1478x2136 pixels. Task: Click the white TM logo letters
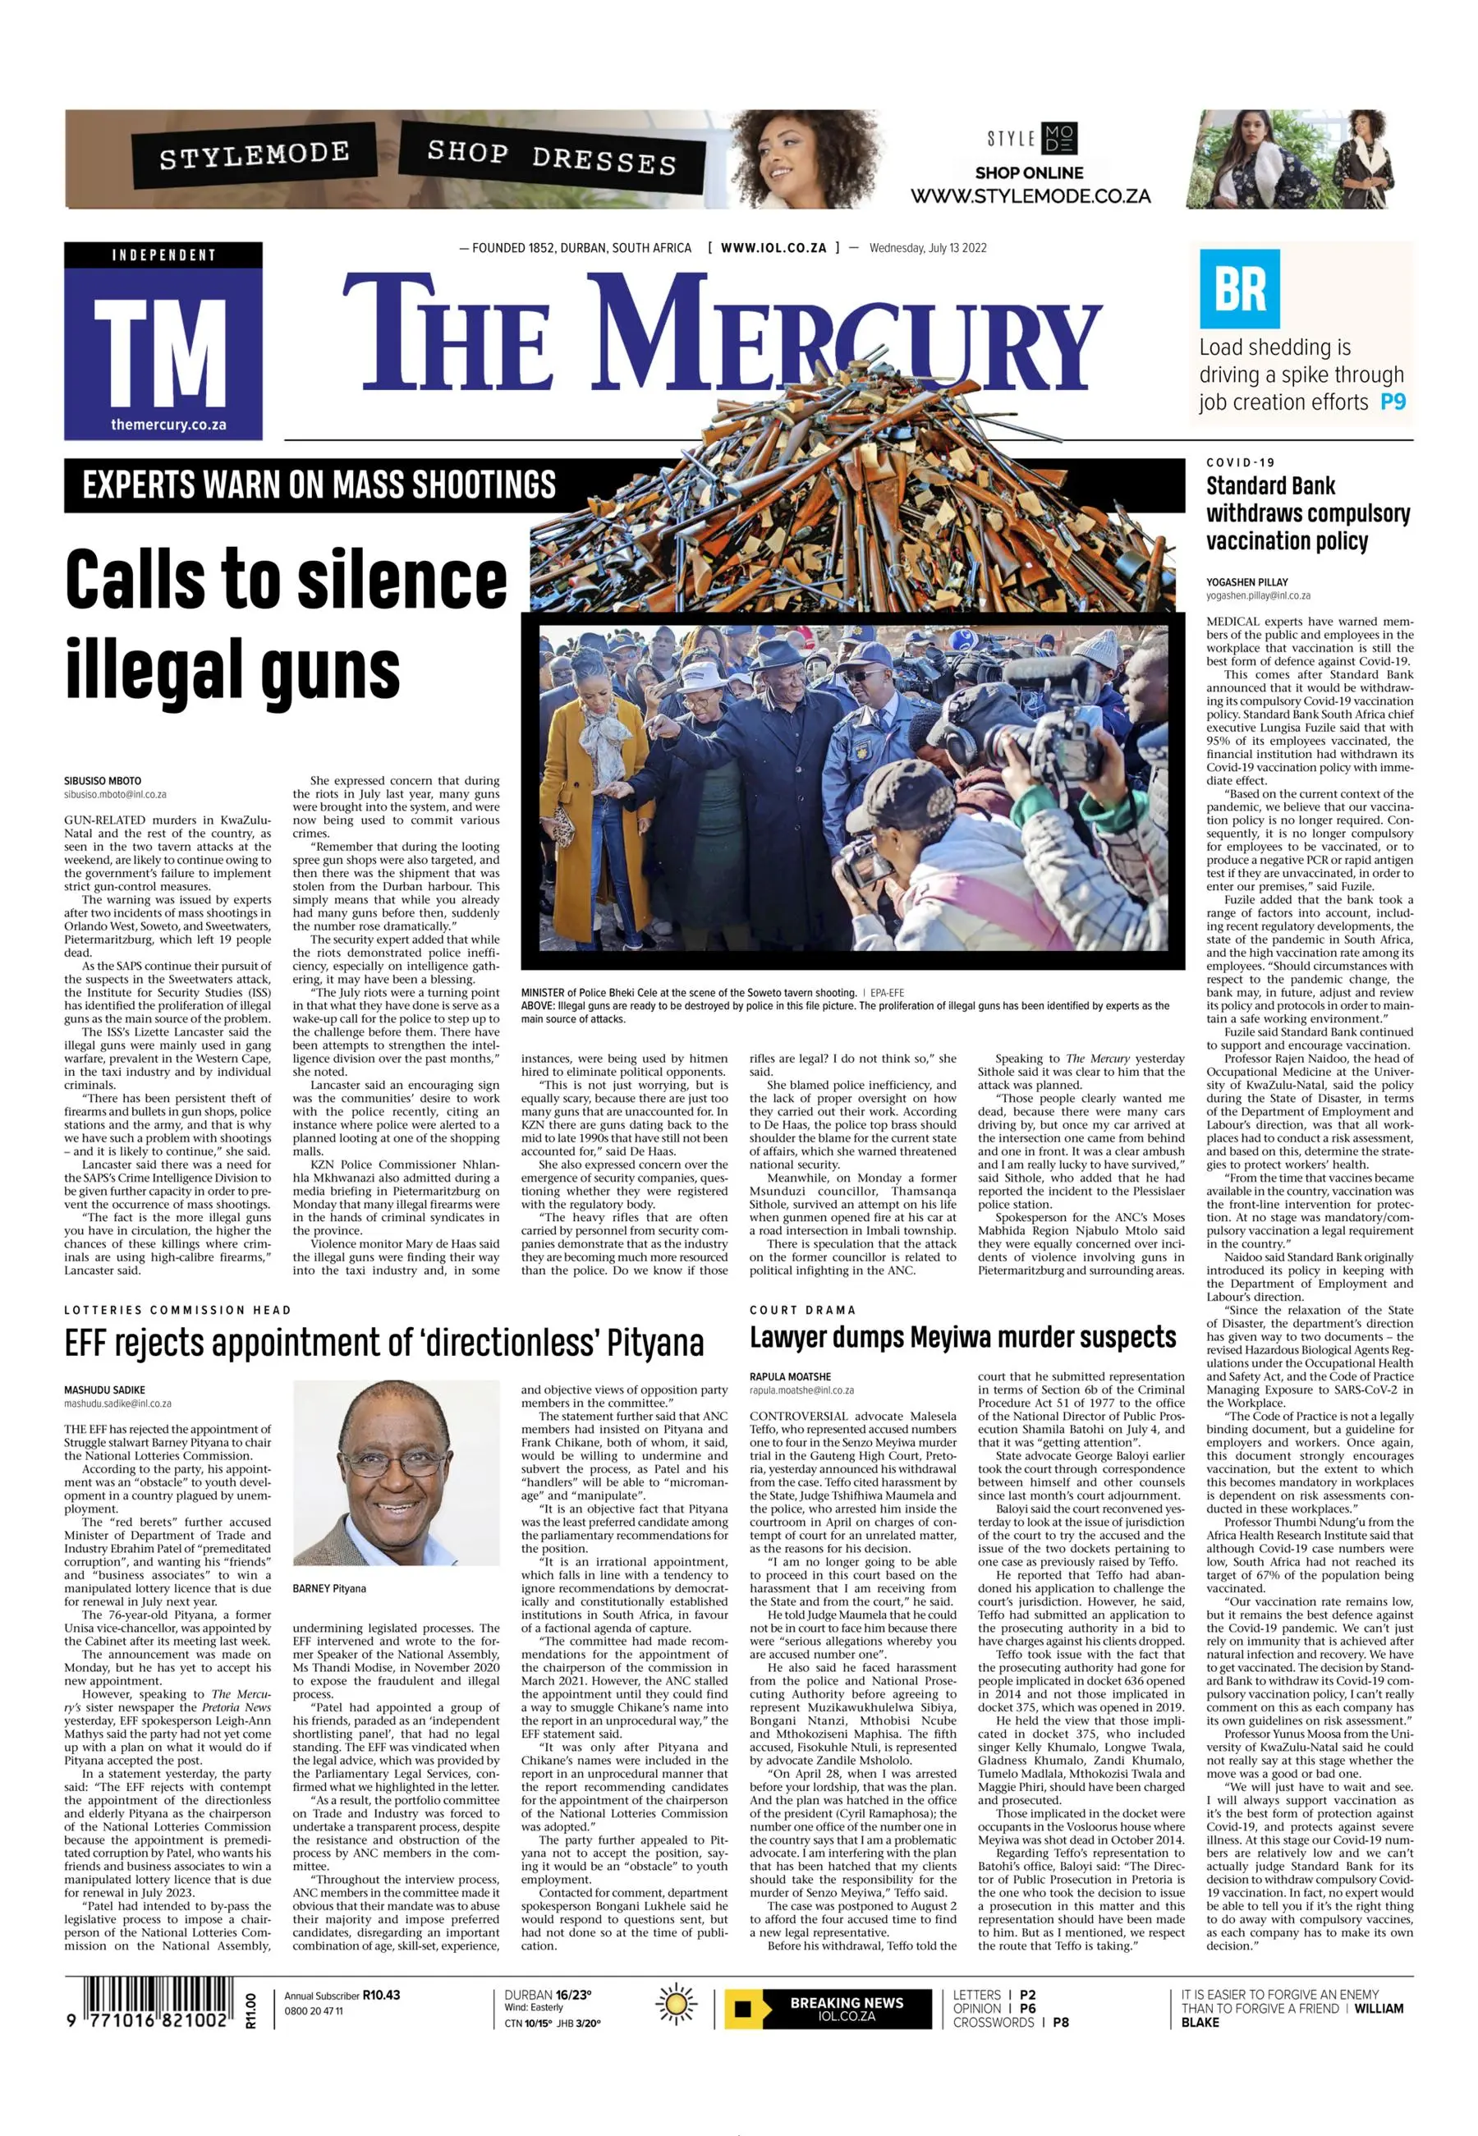[163, 353]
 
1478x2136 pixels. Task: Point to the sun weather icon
[677, 2006]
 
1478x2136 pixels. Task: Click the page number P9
[1393, 402]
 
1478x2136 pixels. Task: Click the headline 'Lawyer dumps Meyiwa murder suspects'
[962, 1338]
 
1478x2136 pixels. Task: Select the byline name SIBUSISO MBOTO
[103, 781]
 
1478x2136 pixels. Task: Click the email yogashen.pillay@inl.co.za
[1258, 595]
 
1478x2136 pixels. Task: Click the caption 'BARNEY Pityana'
[328, 1588]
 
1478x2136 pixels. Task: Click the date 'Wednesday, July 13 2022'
[928, 248]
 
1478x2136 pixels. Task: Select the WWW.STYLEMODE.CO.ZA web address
[1030, 196]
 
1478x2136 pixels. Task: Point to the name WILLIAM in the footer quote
[1379, 2009]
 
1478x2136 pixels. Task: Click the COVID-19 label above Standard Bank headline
[1240, 462]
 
